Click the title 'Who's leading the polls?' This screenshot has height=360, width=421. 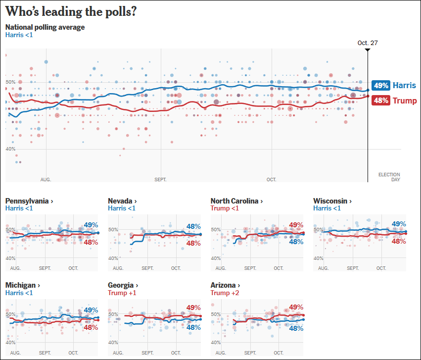click(71, 11)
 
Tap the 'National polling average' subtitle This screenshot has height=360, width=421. click(45, 27)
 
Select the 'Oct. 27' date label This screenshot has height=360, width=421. click(368, 43)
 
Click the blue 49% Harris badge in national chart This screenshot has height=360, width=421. click(381, 85)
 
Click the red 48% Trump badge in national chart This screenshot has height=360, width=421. click(381, 101)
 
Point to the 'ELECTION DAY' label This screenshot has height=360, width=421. click(389, 177)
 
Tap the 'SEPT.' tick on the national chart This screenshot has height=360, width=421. click(160, 180)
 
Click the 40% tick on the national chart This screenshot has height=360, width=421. click(10, 149)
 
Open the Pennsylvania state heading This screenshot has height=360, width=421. click(29, 201)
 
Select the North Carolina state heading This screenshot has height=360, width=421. click(236, 201)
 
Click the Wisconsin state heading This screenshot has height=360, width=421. click(332, 201)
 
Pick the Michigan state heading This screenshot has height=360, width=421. click(22, 285)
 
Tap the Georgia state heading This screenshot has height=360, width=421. click(122, 285)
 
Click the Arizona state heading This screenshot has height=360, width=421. click(225, 285)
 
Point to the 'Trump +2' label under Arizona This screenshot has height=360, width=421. click(223, 293)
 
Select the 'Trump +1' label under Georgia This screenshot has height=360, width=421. click(122, 293)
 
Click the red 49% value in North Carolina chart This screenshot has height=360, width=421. click(296, 225)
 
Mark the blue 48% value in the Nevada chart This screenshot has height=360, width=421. click(193, 226)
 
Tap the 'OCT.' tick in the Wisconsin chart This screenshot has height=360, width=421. click(381, 268)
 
